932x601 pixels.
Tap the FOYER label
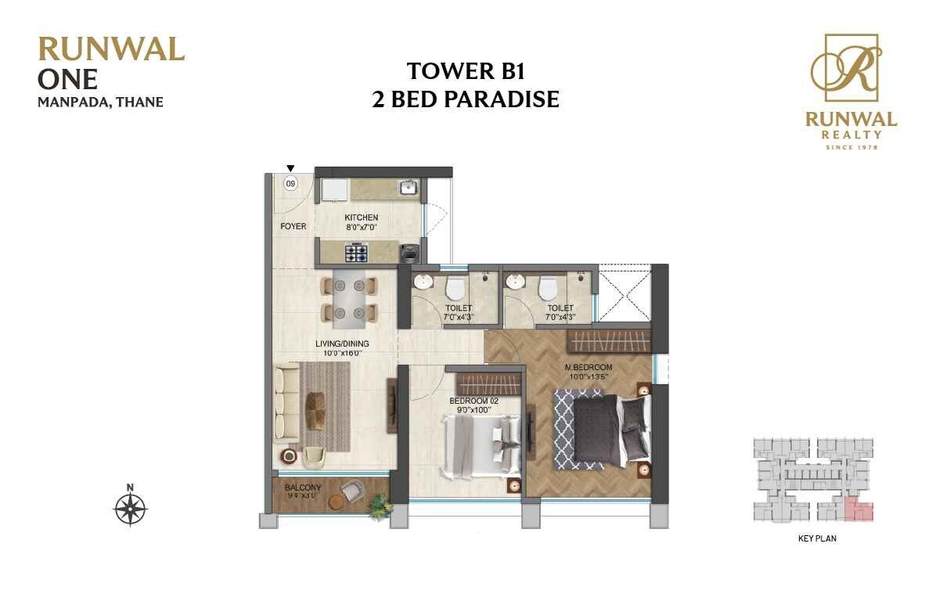[x=293, y=226]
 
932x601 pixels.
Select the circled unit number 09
[x=290, y=184]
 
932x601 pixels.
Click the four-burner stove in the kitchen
[x=357, y=253]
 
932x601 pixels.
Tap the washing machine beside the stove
[x=408, y=252]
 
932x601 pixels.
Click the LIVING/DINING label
[x=342, y=344]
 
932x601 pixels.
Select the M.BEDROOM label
[x=588, y=367]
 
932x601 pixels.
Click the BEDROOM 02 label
[x=474, y=401]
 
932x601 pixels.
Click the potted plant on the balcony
[x=380, y=507]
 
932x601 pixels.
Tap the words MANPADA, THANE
[x=100, y=102]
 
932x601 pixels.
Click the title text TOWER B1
[x=465, y=71]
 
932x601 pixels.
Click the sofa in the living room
[x=283, y=404]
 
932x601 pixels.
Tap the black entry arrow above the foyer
[x=290, y=167]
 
